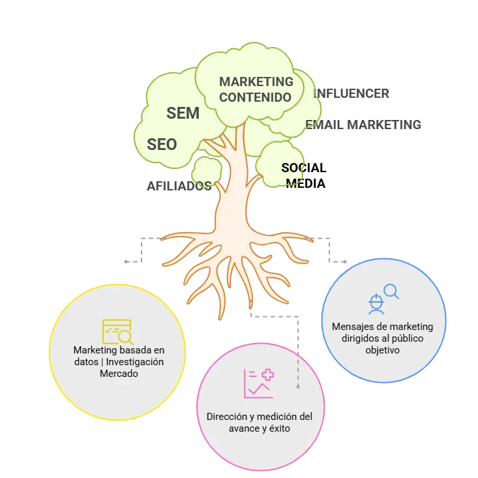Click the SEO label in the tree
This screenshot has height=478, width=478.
click(162, 144)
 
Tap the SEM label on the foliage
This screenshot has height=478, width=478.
click(183, 113)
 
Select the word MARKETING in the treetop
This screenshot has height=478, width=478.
click(256, 82)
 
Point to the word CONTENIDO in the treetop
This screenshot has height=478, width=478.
click(255, 97)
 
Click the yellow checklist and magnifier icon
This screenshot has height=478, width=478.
click(117, 332)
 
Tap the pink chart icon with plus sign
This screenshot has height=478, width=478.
click(259, 383)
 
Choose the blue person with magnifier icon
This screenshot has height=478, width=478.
click(382, 297)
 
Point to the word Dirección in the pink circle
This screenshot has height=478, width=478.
click(228, 416)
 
